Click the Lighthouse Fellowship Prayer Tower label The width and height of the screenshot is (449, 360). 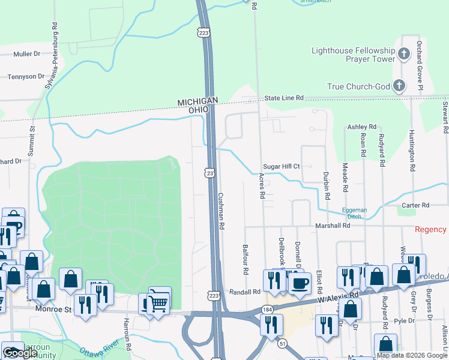[x=353, y=55]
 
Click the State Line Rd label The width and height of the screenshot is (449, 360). [x=285, y=98]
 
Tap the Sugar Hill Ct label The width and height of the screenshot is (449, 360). [x=281, y=166]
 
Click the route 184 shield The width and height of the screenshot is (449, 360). [x=267, y=310]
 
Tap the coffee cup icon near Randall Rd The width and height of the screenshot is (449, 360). [x=300, y=281]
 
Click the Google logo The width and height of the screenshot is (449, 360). [x=20, y=353]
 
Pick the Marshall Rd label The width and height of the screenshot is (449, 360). [x=333, y=226]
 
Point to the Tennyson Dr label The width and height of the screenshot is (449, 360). [x=26, y=77]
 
